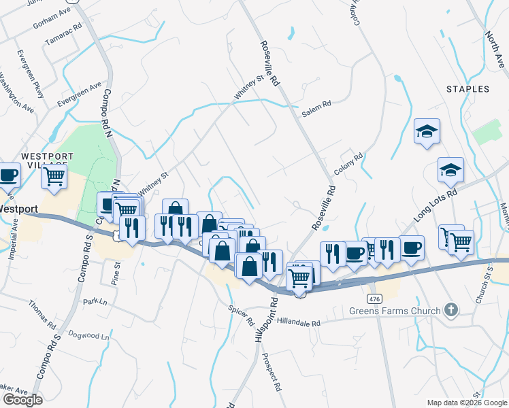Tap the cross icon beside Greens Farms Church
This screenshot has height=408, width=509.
[x=450, y=311]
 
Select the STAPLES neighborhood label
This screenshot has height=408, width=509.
[x=467, y=89]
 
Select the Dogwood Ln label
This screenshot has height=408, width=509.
[x=91, y=336]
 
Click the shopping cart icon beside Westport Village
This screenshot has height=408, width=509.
[x=54, y=176]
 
